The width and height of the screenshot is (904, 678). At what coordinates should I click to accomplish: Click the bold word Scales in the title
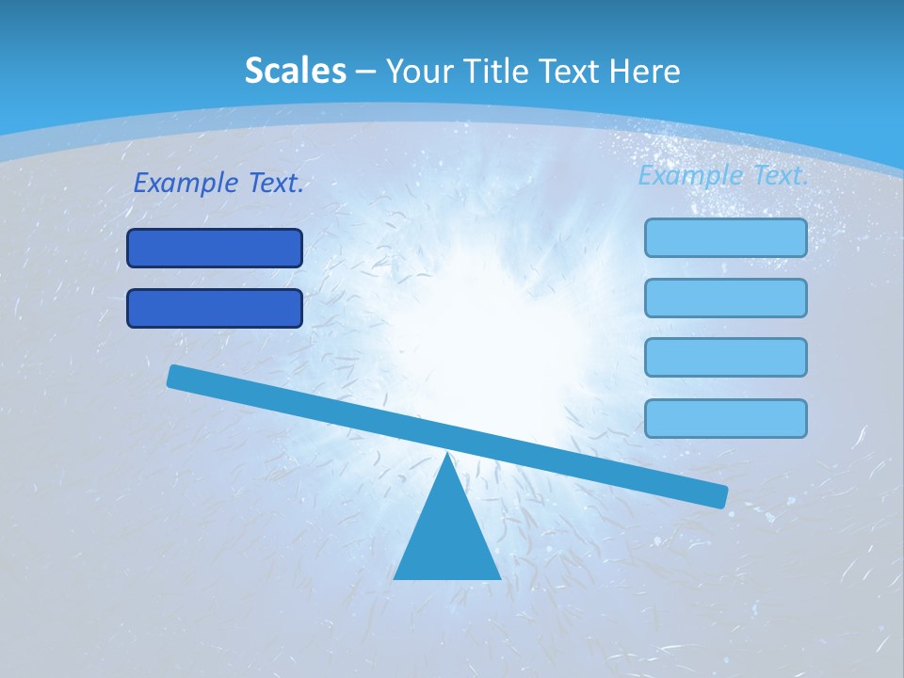295,71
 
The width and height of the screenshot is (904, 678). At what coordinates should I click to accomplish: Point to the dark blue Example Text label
218,183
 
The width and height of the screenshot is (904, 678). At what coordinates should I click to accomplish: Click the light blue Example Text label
723,175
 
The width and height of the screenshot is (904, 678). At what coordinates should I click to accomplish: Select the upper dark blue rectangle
215,249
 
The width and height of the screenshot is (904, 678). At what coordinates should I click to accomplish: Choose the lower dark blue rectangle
215,309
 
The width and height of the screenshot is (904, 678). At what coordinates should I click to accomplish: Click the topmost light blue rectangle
726,237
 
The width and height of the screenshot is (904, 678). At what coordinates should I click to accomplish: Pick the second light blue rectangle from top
726,298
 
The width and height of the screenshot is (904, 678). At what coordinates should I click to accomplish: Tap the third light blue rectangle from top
726,358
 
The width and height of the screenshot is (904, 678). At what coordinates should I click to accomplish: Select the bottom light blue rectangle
726,418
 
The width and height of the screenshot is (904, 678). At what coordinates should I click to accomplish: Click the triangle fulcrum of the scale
447,537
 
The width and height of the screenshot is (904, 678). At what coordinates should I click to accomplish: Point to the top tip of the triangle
447,455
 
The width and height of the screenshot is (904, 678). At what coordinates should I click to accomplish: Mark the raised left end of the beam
175,376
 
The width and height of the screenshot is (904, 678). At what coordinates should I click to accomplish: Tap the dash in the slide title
365,72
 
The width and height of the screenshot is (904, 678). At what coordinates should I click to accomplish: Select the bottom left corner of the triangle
395,577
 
